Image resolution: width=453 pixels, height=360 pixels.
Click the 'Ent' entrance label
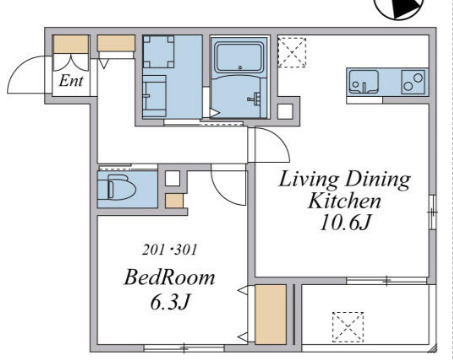click(71, 81)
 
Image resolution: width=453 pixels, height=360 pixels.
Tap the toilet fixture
click(117, 189)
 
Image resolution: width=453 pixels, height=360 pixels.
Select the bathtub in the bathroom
click(239, 57)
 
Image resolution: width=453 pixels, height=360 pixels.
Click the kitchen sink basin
click(364, 82)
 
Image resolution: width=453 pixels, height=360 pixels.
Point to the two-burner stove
click(413, 82)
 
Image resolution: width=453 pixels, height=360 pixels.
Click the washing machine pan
click(159, 52)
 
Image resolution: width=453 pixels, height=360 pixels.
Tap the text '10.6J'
click(345, 223)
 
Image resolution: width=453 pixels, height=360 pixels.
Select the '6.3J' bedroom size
click(170, 302)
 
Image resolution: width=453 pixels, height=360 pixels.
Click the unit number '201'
click(153, 250)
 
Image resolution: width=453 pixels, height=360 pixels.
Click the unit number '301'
click(186, 250)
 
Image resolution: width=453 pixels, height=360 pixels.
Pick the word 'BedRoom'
click(169, 278)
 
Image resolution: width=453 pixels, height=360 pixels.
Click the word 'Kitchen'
click(344, 201)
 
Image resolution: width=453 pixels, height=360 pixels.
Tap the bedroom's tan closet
click(271, 314)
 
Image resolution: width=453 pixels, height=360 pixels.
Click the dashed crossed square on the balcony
click(348, 327)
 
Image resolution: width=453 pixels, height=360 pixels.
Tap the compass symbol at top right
click(399, 8)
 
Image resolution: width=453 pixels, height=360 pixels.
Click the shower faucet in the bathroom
click(254, 99)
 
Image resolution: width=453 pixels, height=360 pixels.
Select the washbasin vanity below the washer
click(154, 96)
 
